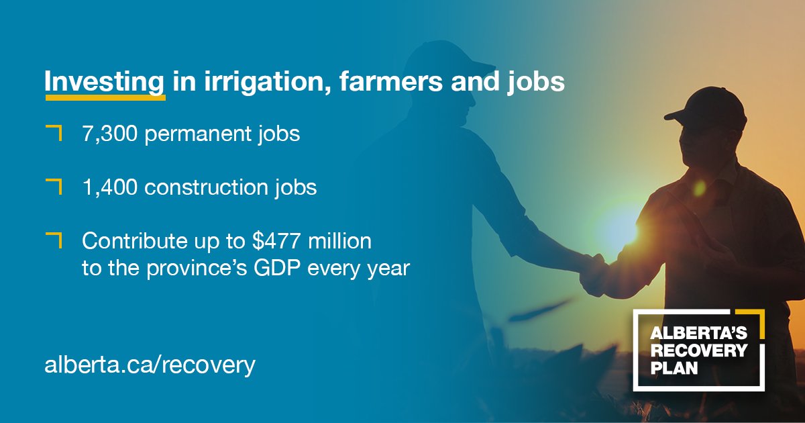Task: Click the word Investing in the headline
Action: tap(105, 83)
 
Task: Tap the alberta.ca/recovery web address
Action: tap(150, 365)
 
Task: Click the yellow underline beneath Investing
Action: tap(105, 97)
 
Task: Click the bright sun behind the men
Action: tap(614, 225)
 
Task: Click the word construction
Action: tap(204, 187)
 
